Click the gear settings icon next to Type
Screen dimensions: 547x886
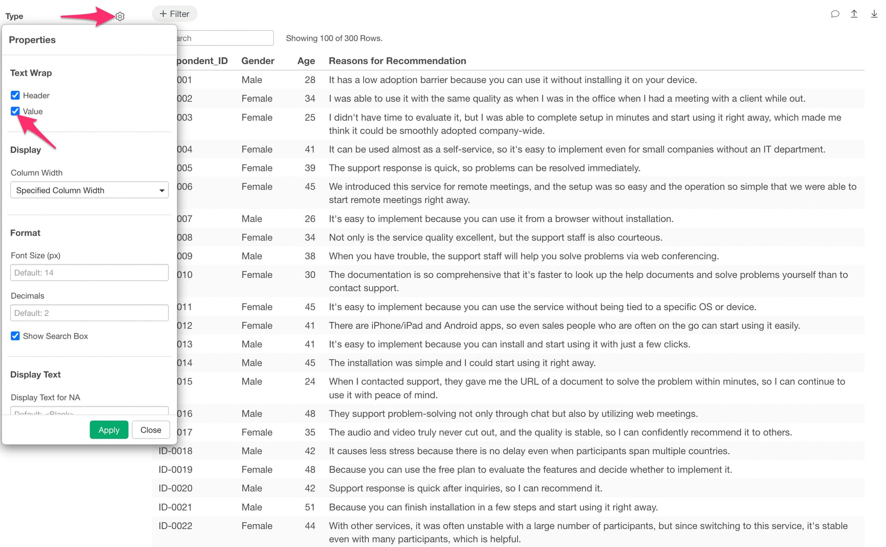click(x=120, y=17)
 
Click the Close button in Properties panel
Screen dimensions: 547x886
click(x=150, y=430)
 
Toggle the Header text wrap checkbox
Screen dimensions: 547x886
click(x=15, y=95)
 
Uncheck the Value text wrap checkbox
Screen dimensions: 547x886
click(x=15, y=111)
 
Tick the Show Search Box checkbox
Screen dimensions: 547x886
click(x=15, y=336)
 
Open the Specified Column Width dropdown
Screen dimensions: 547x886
click(x=89, y=190)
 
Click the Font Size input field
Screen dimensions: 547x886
click(x=89, y=273)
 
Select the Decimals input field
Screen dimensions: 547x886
click(x=89, y=313)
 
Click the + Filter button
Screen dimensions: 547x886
click(x=174, y=14)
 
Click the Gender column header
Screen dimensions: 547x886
click(x=257, y=61)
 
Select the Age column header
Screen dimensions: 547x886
click(x=306, y=61)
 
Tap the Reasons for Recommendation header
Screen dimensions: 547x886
click(x=397, y=61)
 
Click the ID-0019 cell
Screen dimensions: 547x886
click(x=175, y=469)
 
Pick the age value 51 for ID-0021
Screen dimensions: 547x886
click(x=310, y=507)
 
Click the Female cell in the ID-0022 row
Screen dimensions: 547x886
click(x=257, y=526)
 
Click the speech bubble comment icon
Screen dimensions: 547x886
click(x=835, y=14)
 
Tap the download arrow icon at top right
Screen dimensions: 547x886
click(x=874, y=14)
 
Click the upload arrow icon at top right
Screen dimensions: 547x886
click(x=854, y=14)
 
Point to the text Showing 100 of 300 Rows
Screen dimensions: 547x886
click(x=334, y=38)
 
